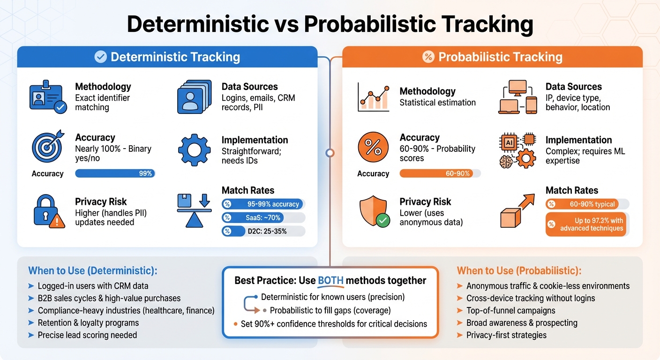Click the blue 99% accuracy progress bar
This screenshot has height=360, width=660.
(115, 173)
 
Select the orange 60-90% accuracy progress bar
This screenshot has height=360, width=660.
(440, 173)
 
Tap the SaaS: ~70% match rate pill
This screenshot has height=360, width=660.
(263, 217)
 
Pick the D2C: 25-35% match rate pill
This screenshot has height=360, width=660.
(263, 231)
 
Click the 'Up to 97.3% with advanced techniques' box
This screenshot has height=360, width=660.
(586, 224)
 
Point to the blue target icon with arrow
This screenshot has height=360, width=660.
(47, 146)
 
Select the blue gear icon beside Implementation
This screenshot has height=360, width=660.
(194, 150)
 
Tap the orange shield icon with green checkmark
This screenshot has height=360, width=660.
(374, 211)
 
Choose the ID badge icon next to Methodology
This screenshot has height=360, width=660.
(47, 97)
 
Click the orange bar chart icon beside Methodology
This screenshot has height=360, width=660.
(373, 97)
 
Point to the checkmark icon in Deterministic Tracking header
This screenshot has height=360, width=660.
(101, 57)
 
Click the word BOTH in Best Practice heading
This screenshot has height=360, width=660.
(330, 280)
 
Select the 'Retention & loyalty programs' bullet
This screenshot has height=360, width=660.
(88, 322)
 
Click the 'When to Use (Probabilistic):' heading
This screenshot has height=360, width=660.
(519, 270)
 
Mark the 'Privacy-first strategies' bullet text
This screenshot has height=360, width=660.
(506, 335)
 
